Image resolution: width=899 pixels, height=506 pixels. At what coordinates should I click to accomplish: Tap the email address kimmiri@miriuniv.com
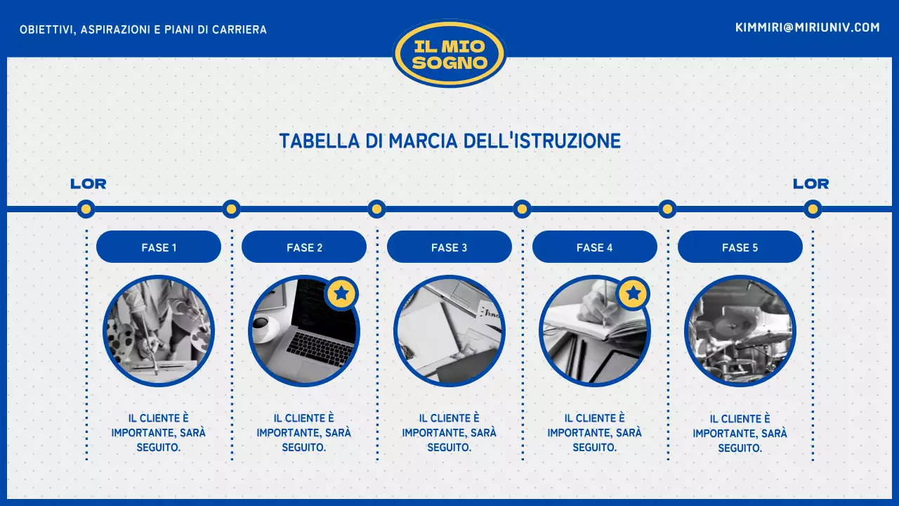[x=807, y=27]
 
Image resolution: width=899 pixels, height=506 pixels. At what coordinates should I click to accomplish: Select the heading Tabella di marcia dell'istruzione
[x=449, y=141]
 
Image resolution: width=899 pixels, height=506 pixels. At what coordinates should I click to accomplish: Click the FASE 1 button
[x=159, y=247]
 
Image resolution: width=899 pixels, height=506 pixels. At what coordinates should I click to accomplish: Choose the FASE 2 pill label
[x=304, y=247]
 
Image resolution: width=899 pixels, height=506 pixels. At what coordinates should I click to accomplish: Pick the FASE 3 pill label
[x=449, y=247]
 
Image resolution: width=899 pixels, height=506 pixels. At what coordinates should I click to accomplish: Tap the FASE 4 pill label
[x=595, y=247]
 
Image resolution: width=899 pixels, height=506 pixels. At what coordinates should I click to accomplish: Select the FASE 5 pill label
[x=740, y=247]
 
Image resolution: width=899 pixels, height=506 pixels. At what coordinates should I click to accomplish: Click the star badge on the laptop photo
[x=342, y=293]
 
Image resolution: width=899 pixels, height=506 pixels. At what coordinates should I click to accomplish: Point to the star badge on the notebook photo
[x=633, y=293]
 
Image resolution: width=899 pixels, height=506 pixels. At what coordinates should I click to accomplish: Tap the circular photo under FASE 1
[x=159, y=331]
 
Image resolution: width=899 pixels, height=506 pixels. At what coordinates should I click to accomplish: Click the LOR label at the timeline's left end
[x=88, y=184]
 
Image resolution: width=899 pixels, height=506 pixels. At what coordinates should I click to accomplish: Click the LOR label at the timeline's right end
[x=811, y=184]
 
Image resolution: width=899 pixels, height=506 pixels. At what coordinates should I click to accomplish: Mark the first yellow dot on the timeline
[x=86, y=209]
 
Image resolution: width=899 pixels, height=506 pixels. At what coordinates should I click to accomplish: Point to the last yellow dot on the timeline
[x=813, y=209]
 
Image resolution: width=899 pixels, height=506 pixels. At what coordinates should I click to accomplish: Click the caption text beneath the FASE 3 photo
[x=449, y=432]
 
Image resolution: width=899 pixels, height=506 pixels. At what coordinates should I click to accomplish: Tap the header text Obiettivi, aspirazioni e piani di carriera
[x=143, y=30]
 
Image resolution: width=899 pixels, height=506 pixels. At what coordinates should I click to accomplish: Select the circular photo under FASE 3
[x=449, y=331]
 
